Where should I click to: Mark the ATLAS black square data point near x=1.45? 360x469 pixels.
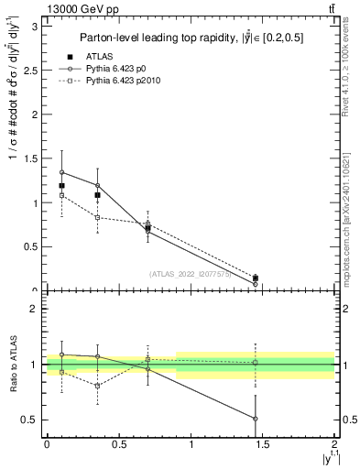[256, 278]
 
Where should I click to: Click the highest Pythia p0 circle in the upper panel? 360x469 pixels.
[61, 172]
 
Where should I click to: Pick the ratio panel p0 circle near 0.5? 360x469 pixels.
[256, 419]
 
